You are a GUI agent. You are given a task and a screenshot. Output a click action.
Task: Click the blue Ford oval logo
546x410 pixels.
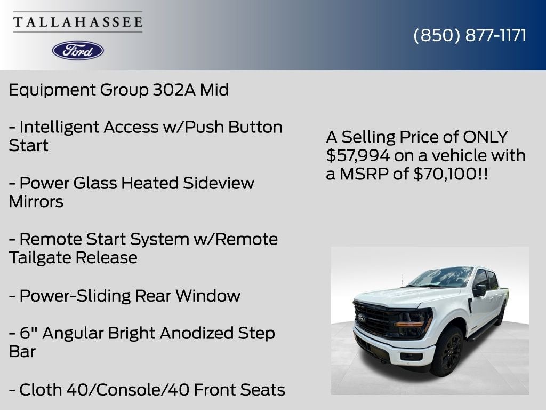pyautogui.click(x=78, y=50)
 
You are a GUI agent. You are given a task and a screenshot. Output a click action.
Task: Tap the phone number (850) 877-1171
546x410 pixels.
pyautogui.click(x=470, y=35)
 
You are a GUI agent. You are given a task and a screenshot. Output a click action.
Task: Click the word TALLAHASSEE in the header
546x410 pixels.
pyautogui.click(x=78, y=22)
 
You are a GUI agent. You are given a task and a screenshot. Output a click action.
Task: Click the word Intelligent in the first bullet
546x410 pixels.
pyautogui.click(x=59, y=127)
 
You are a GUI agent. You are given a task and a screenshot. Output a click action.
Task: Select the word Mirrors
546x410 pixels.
pyautogui.click(x=36, y=201)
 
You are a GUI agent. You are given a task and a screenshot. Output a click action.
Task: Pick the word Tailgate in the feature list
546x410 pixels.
pyautogui.click(x=39, y=257)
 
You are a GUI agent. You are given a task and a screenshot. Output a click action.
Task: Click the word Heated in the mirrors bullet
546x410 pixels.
pyautogui.click(x=150, y=183)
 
